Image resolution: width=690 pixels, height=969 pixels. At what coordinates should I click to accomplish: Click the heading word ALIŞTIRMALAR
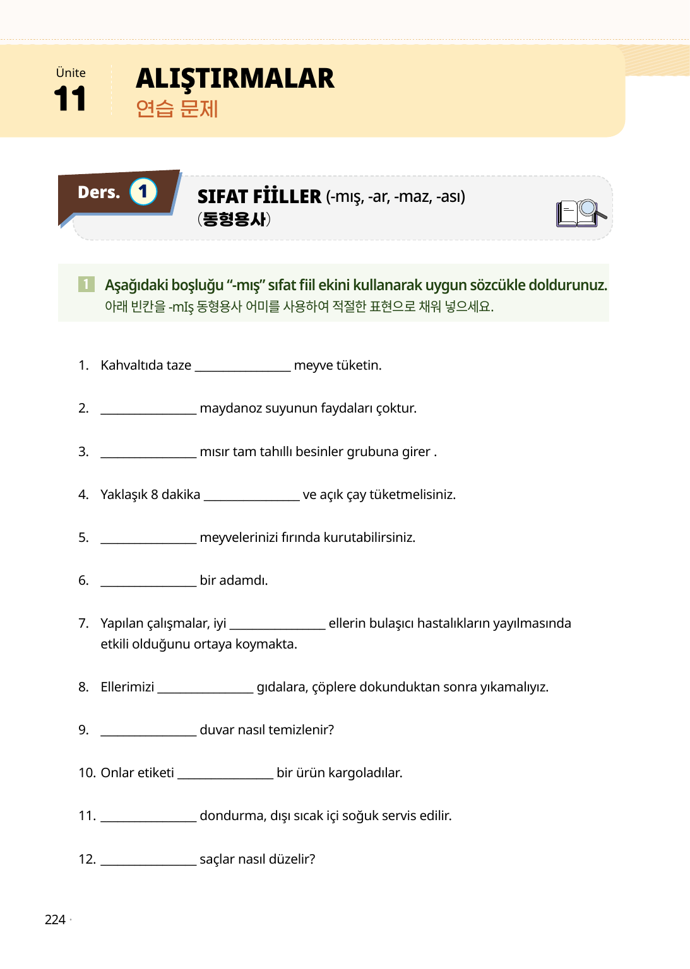point(235,79)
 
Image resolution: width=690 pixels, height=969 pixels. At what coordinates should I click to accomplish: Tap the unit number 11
point(70,99)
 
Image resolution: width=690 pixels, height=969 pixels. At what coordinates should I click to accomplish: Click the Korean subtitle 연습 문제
point(177,109)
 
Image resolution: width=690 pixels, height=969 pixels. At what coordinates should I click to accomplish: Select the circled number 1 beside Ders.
point(143,192)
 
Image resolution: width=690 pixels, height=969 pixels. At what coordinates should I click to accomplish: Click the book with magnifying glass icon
point(580,213)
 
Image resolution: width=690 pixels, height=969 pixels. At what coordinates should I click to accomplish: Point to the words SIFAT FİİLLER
point(259,197)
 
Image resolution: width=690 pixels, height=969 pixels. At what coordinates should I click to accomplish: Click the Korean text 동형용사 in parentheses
point(234,219)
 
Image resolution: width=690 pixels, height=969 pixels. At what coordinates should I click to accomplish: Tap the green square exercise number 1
point(86,285)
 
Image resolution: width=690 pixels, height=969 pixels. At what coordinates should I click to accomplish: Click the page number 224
point(55,920)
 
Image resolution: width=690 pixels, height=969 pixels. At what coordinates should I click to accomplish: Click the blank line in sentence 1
point(242,367)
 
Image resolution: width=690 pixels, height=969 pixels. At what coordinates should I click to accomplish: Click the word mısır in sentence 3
point(214,452)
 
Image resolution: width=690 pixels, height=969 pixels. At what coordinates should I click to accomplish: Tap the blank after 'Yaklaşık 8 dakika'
point(251,496)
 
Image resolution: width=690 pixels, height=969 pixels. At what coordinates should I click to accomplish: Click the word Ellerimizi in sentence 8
point(127,687)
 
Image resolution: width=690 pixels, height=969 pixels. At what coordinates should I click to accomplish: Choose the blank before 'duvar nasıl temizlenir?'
point(148,731)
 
